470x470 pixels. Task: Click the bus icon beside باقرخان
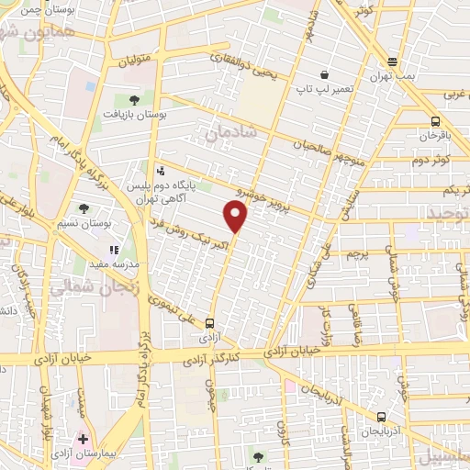point(435,120)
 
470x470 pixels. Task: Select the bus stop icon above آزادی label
point(209,322)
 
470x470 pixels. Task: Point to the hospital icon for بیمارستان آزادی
point(84,439)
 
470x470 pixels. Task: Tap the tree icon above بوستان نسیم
point(84,208)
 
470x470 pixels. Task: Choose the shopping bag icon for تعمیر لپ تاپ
point(324,74)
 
